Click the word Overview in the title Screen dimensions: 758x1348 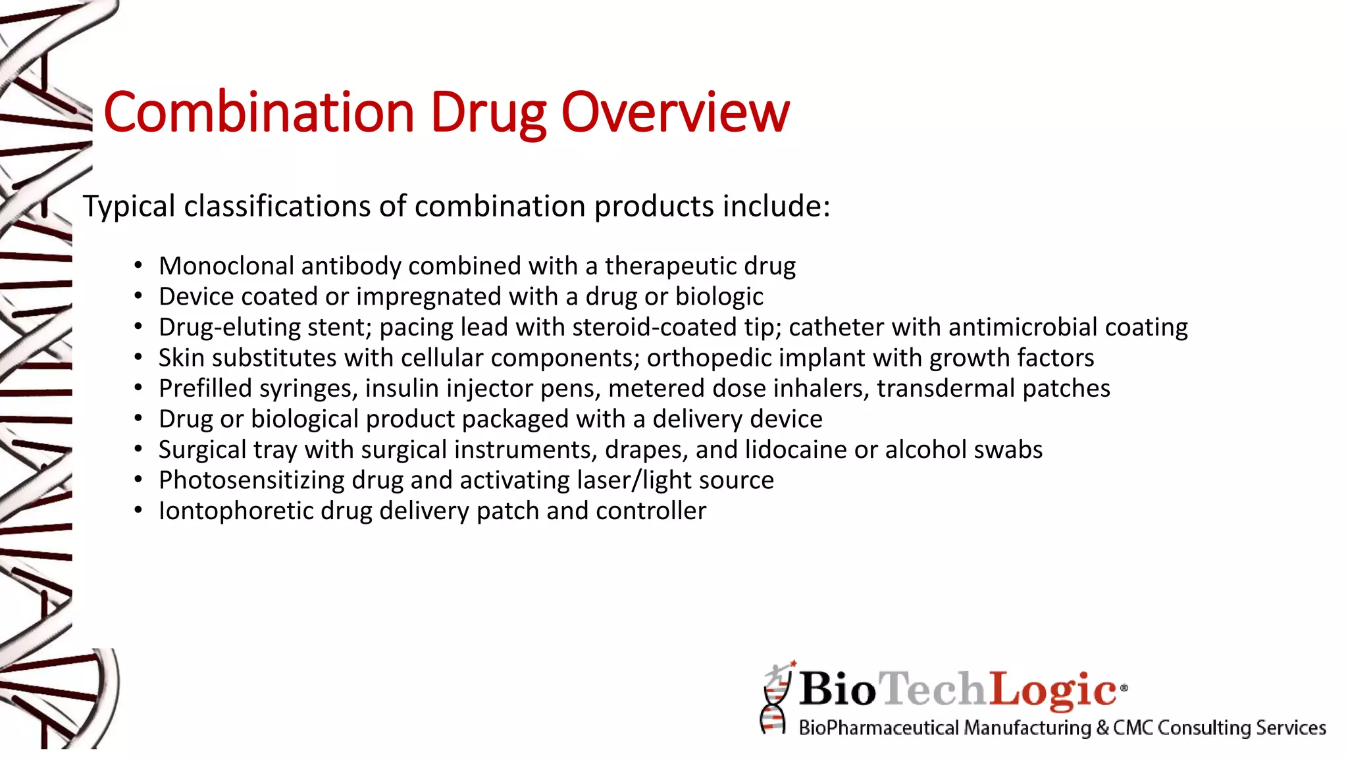(675, 112)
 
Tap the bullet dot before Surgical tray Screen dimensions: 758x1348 (138, 449)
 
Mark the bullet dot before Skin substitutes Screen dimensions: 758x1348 (138, 358)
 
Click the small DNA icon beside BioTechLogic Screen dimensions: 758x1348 (776, 699)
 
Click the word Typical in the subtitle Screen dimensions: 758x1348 (129, 207)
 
